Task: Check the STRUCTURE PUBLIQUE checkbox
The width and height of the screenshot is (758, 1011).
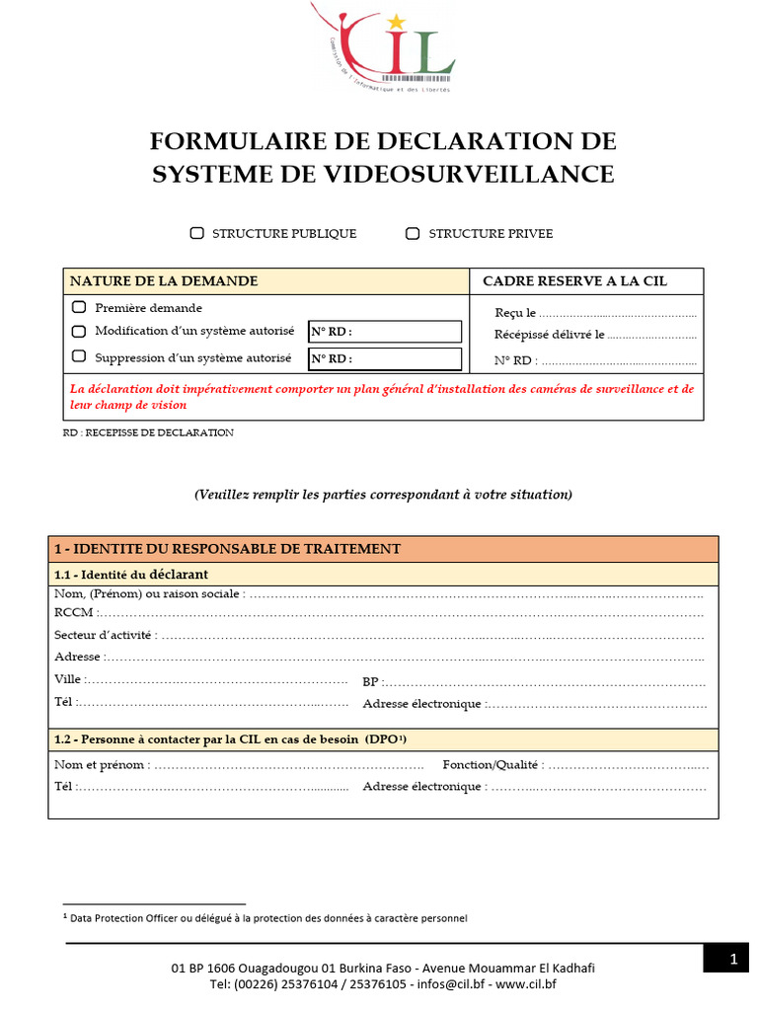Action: tap(197, 234)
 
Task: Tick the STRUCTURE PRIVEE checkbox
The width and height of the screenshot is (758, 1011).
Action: tap(413, 234)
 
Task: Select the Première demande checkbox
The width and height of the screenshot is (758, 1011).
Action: tap(79, 308)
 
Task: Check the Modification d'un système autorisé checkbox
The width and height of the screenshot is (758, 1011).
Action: tap(79, 331)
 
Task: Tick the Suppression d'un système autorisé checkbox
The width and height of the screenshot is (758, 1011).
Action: tap(79, 356)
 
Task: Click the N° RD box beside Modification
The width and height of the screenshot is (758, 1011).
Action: tap(385, 332)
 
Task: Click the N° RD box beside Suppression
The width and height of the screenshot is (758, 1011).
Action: tap(385, 358)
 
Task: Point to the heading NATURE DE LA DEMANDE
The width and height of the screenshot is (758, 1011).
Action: tap(164, 281)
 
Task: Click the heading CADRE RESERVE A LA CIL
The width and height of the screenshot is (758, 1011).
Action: tap(574, 281)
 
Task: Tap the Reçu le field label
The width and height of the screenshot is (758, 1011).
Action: tap(515, 313)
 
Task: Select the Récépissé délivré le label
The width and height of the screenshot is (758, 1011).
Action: tap(550, 336)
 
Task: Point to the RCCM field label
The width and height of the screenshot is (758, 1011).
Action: tap(74, 613)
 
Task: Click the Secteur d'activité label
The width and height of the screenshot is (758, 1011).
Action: tap(105, 636)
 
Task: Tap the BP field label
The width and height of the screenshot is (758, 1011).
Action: tap(371, 682)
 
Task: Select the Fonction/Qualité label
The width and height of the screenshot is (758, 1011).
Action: tap(491, 765)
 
